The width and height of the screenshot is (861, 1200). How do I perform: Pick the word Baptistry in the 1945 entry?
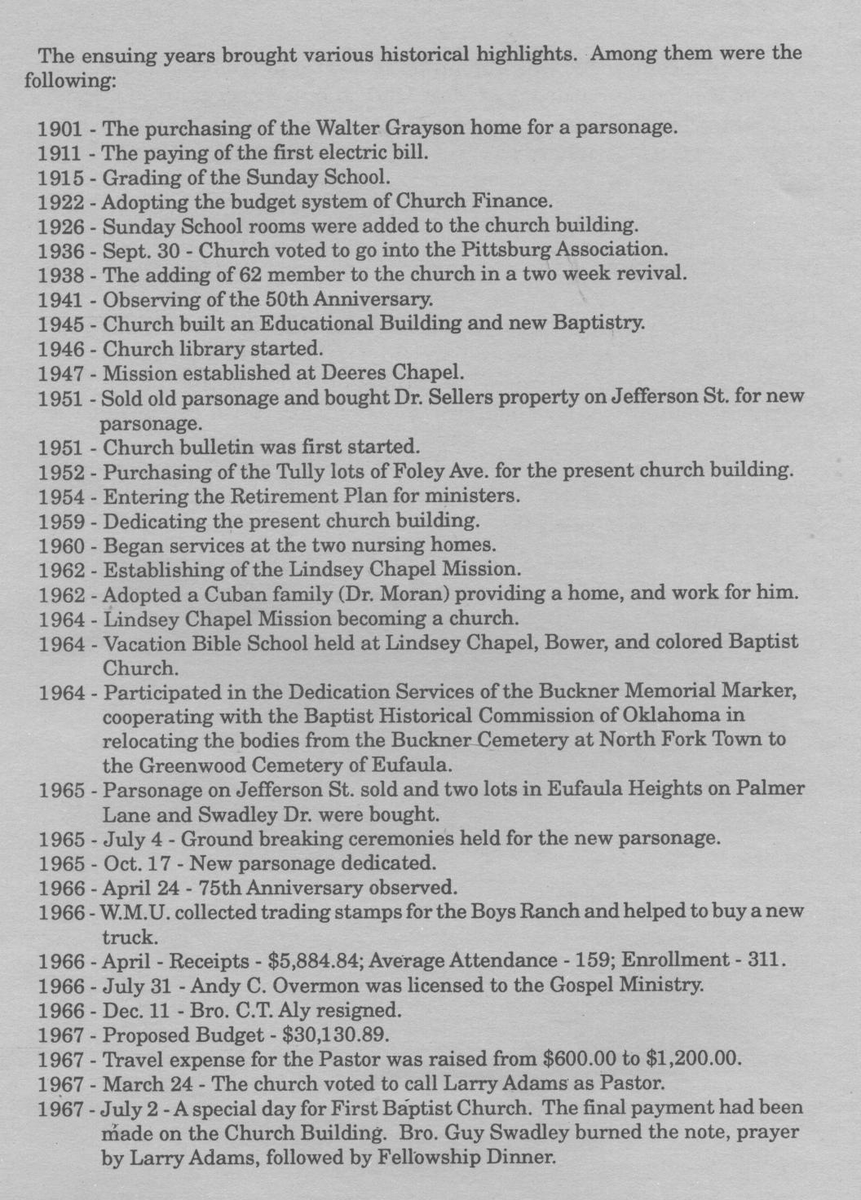(598, 323)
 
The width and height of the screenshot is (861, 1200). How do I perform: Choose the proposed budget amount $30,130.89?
(335, 1035)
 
